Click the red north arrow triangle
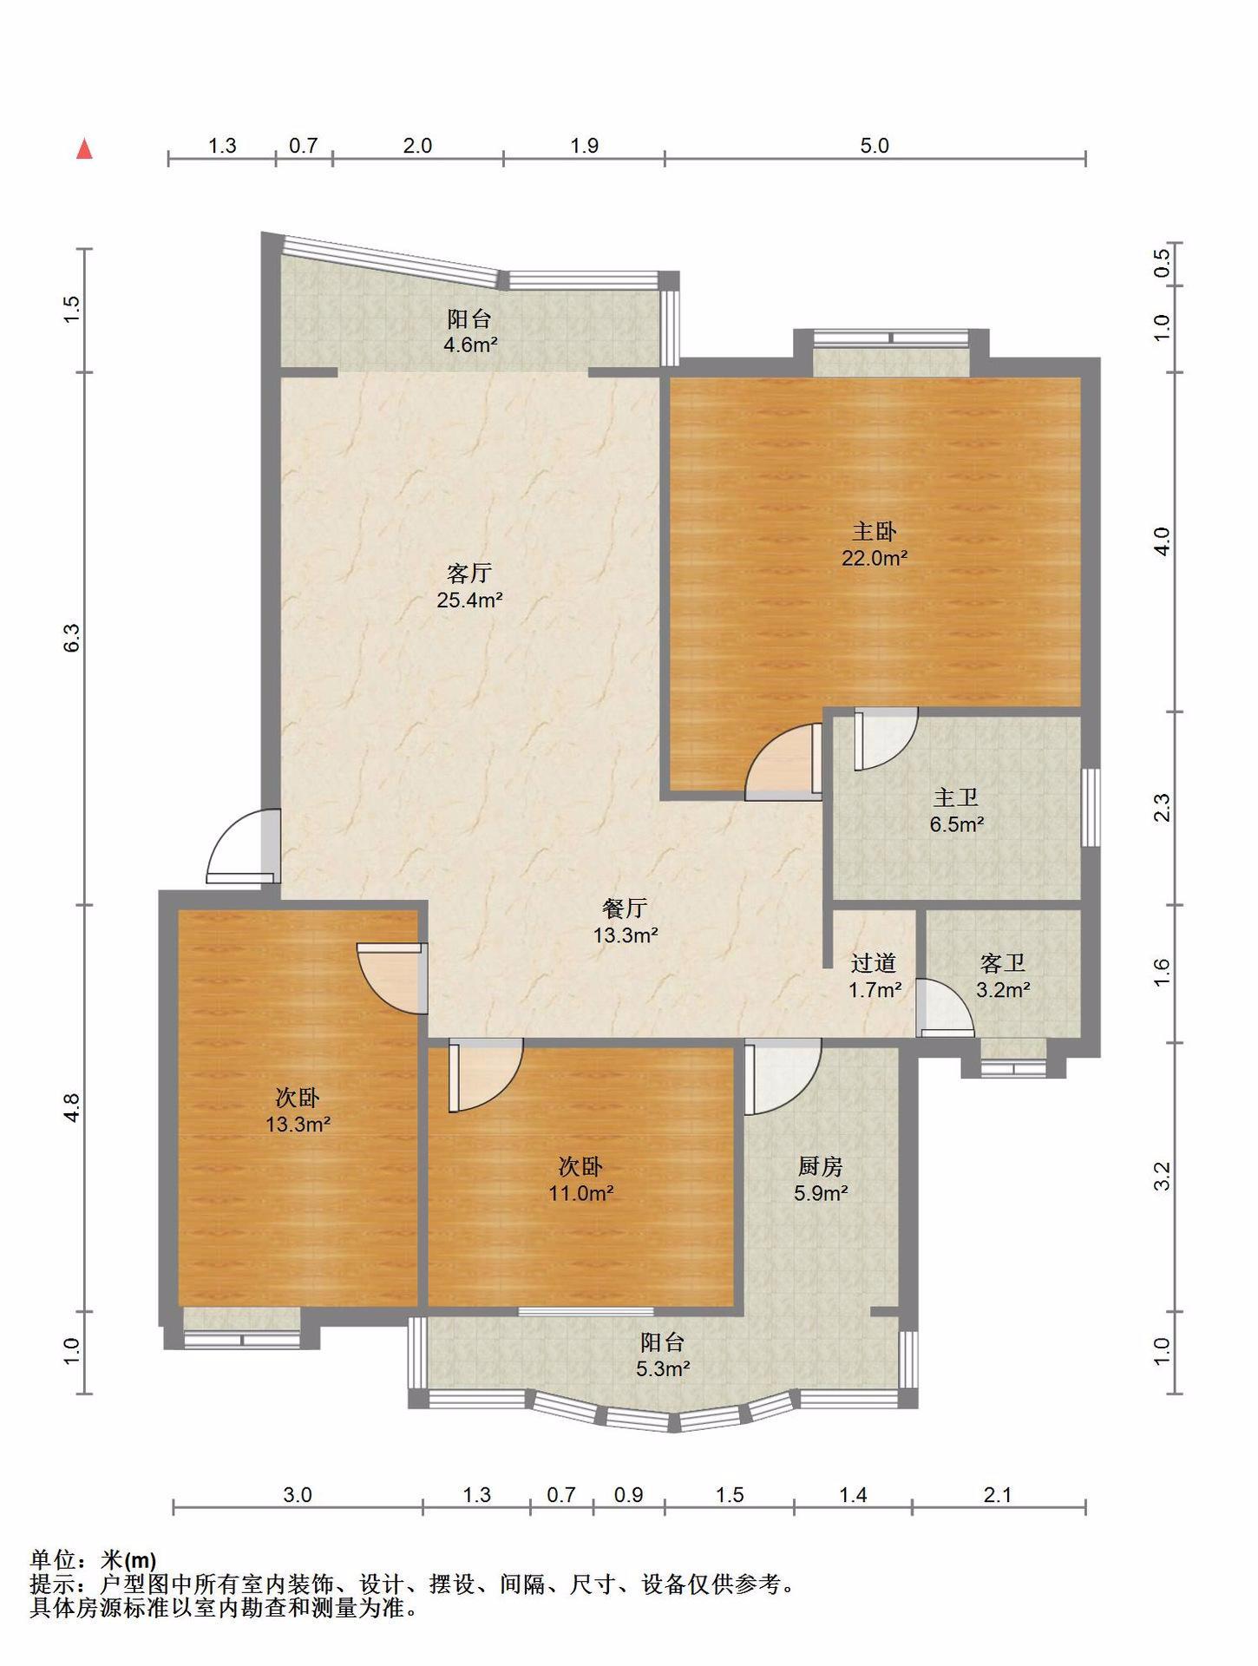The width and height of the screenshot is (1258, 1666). tap(84, 148)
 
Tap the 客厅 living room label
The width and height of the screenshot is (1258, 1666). tap(469, 573)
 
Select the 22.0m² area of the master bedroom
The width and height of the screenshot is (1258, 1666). tap(875, 558)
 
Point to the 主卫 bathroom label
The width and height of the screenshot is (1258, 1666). tap(956, 797)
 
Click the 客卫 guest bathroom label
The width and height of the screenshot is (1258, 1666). tap(1003, 963)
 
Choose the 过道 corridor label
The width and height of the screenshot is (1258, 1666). tap(874, 963)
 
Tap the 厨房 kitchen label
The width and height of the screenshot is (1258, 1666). tap(821, 1166)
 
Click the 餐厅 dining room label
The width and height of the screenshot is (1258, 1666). tap(625, 908)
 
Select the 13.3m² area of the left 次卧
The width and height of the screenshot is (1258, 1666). tap(298, 1125)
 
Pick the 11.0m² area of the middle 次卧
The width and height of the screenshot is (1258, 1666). tap(581, 1193)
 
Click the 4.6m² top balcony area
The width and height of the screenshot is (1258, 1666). tap(470, 345)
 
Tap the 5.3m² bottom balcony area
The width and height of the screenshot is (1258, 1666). tap(664, 1369)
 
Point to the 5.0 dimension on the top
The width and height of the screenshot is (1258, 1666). tap(875, 146)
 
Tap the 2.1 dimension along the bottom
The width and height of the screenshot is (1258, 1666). tap(999, 1495)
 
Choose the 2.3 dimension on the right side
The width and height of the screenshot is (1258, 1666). tap(1163, 808)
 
